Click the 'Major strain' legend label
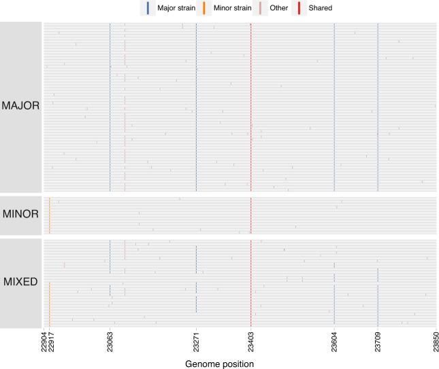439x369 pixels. (176, 8)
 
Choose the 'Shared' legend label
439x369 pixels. (319, 8)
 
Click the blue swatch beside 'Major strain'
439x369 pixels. (149, 8)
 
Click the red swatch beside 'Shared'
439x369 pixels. (298, 8)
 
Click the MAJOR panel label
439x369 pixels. (21, 106)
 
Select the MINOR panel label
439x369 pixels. (21, 214)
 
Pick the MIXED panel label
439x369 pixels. (21, 281)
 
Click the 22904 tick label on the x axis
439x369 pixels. (44, 345)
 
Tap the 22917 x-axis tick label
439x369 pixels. (50, 345)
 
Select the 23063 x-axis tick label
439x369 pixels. (110, 345)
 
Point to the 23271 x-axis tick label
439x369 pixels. (196, 345)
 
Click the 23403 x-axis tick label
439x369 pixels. (250, 345)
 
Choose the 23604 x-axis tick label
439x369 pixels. (334, 345)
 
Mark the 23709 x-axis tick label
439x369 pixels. (378, 345)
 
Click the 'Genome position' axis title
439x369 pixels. (219, 364)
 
